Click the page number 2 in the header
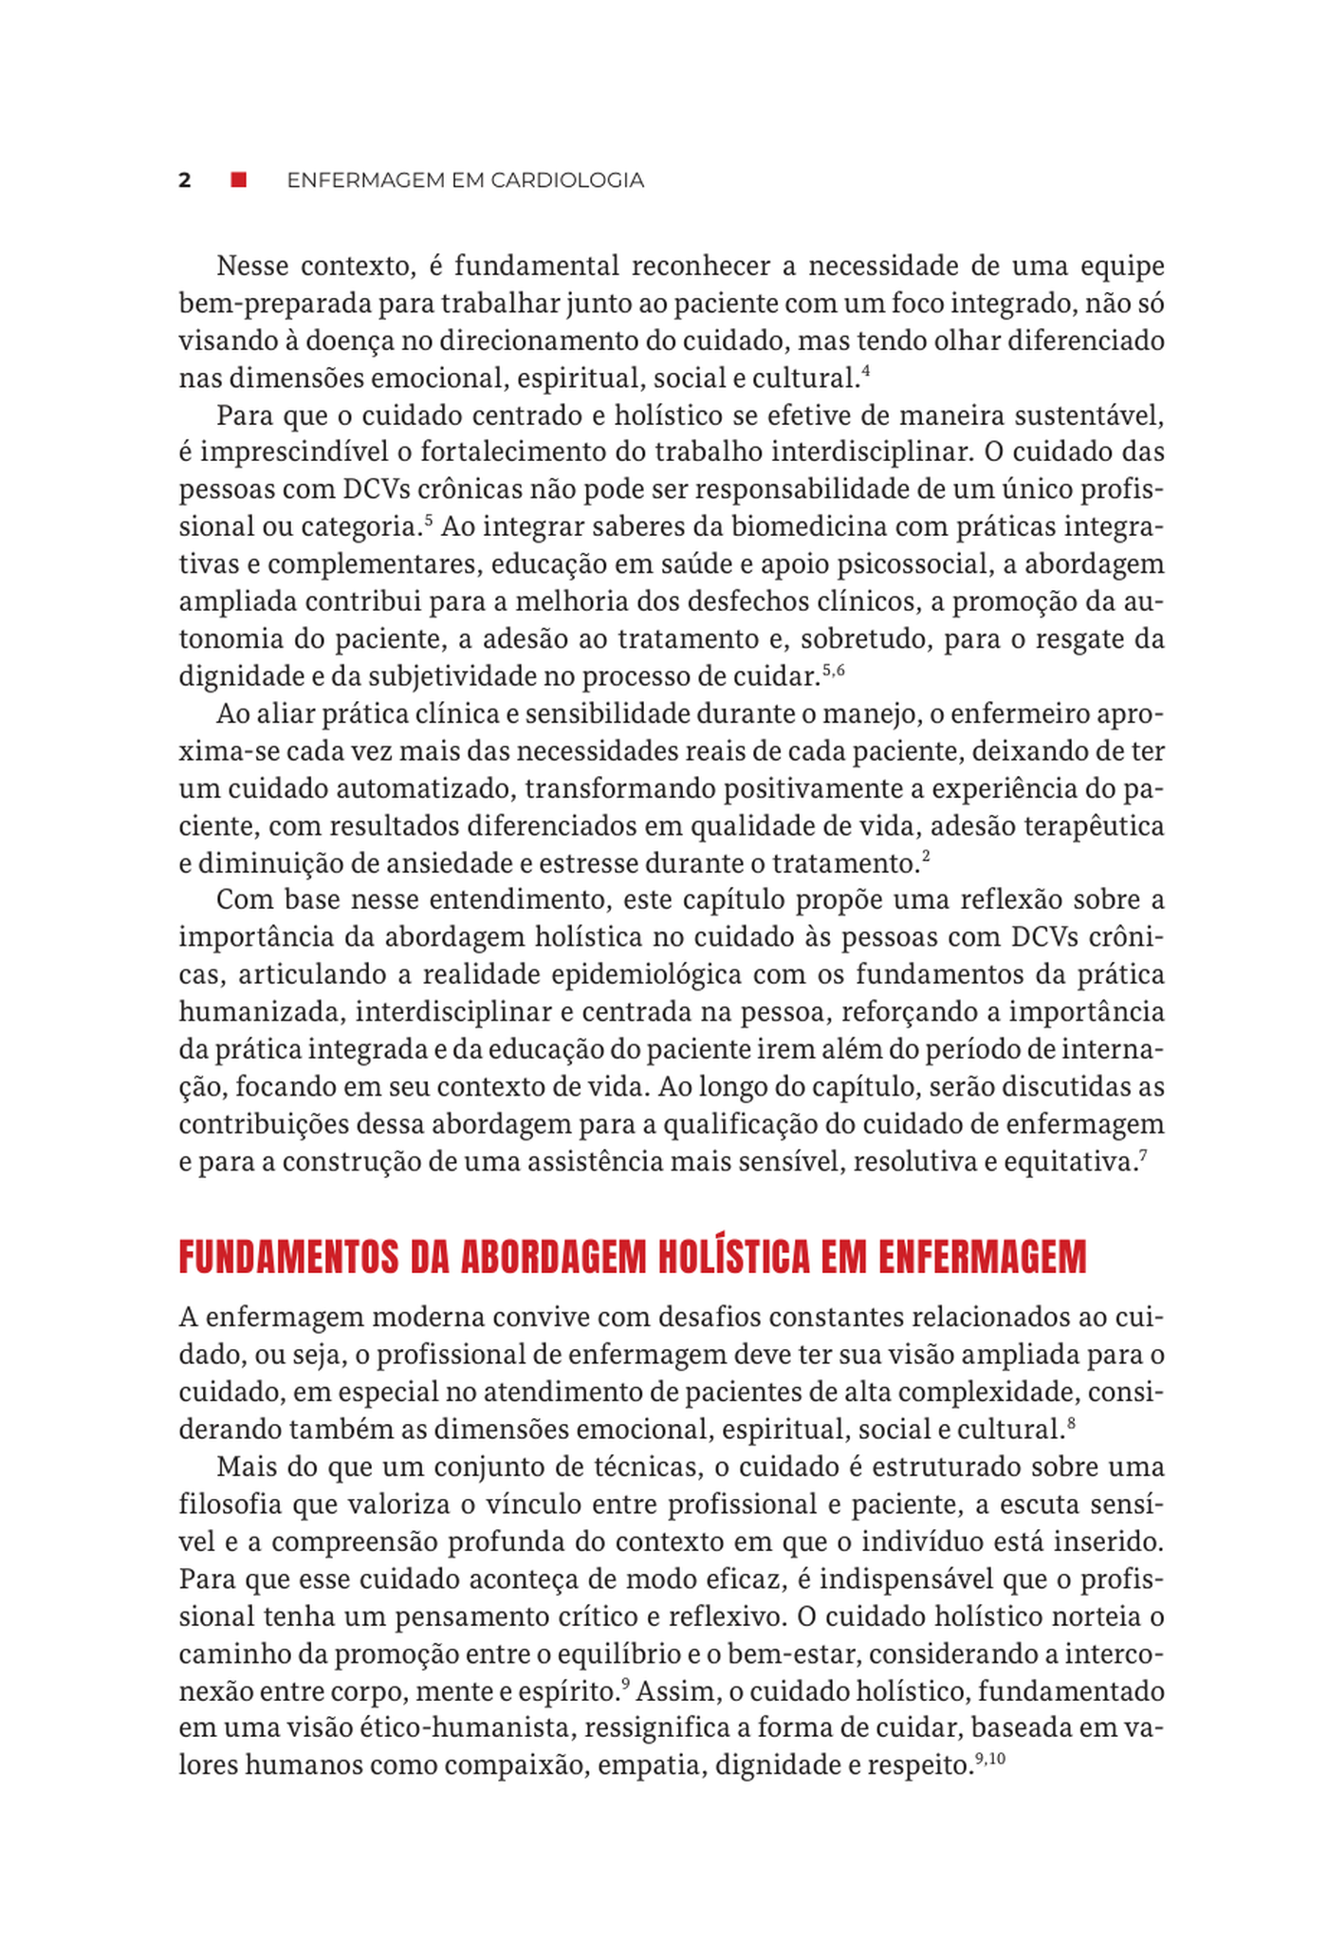185,180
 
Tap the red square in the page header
239,179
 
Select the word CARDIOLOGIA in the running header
567,180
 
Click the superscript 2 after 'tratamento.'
926,857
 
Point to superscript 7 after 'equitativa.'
1143,1154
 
